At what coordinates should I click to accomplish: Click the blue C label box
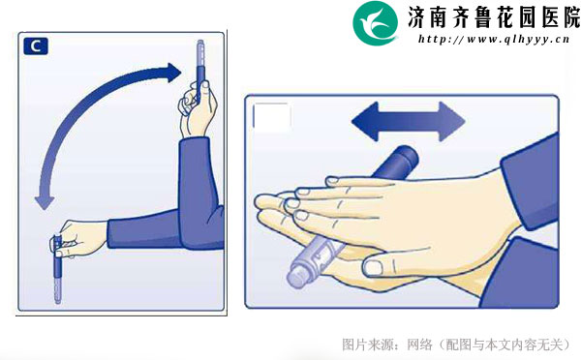click(36, 45)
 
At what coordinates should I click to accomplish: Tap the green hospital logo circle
click(376, 23)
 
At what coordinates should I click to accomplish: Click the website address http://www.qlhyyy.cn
click(494, 39)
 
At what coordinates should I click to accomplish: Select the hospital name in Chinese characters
click(494, 17)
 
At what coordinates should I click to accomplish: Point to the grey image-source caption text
click(456, 345)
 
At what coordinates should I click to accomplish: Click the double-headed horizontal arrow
click(408, 122)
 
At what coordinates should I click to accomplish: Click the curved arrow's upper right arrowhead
click(172, 73)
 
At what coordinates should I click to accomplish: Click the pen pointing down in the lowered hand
click(57, 269)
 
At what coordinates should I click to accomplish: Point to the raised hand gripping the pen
click(197, 107)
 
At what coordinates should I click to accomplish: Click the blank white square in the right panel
click(271, 117)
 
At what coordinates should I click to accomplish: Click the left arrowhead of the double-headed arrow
click(365, 122)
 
